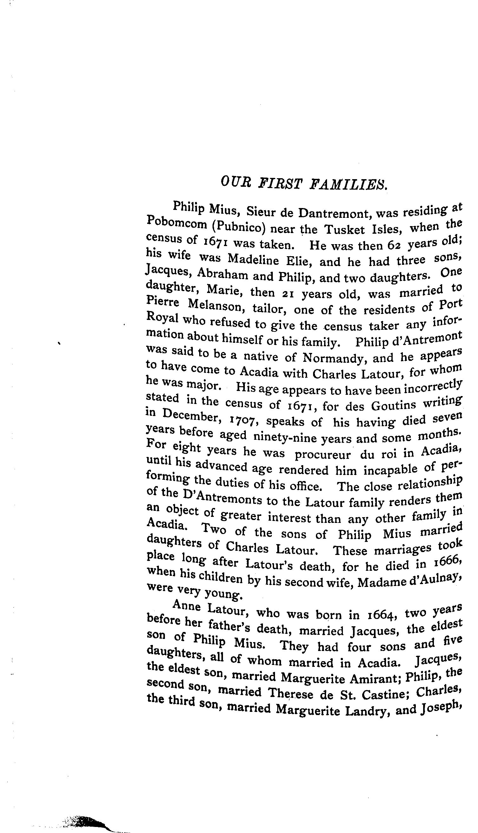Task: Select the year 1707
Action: pyautogui.click(x=245, y=420)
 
